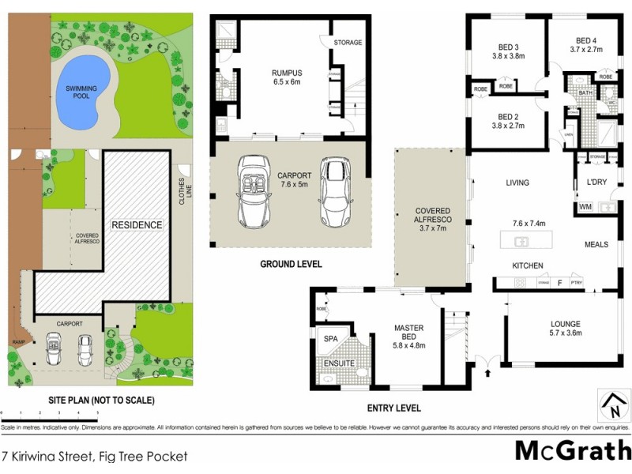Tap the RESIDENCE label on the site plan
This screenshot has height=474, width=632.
(136, 225)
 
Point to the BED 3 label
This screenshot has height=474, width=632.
(508, 51)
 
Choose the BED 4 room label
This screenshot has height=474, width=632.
(585, 45)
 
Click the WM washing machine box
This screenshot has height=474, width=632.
(585, 207)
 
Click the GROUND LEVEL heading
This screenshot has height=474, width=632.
(292, 265)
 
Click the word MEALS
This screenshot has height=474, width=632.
(596, 245)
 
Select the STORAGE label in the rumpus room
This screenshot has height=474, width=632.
(348, 43)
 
